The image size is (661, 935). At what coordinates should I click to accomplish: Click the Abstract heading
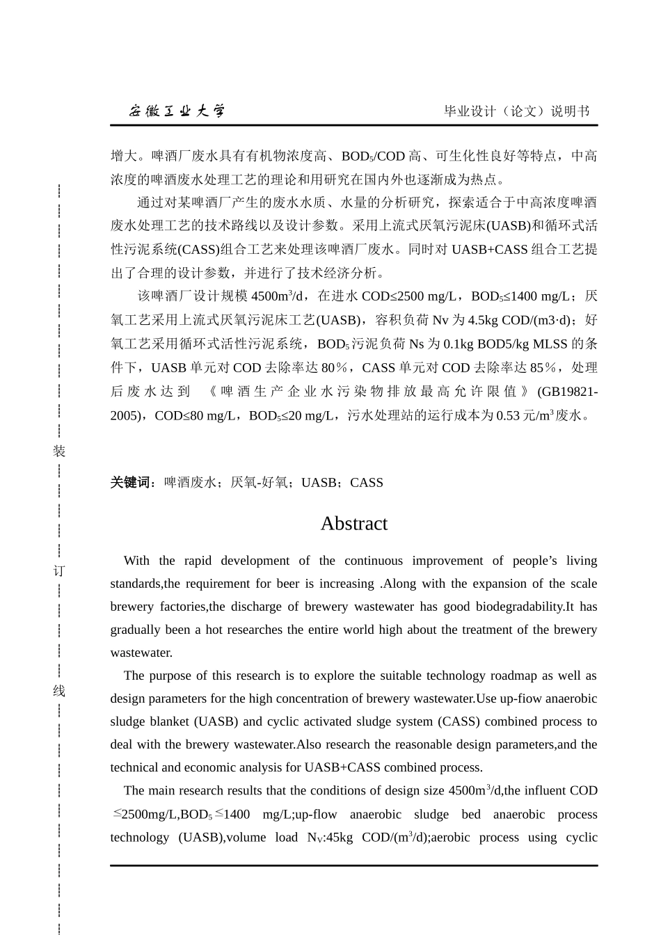353,524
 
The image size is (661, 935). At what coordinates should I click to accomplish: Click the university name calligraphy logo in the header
177,111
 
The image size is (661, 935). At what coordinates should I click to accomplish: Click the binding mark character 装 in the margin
59,451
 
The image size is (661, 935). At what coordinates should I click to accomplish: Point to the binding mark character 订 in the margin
59,571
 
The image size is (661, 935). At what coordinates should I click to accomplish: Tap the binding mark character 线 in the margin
59,692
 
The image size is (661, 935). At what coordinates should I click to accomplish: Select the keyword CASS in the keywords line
367,483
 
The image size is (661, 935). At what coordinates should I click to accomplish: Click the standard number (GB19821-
567,392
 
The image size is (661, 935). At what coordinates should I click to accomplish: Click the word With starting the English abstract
136,561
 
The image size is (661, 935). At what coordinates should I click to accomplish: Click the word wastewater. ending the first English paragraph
141,653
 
